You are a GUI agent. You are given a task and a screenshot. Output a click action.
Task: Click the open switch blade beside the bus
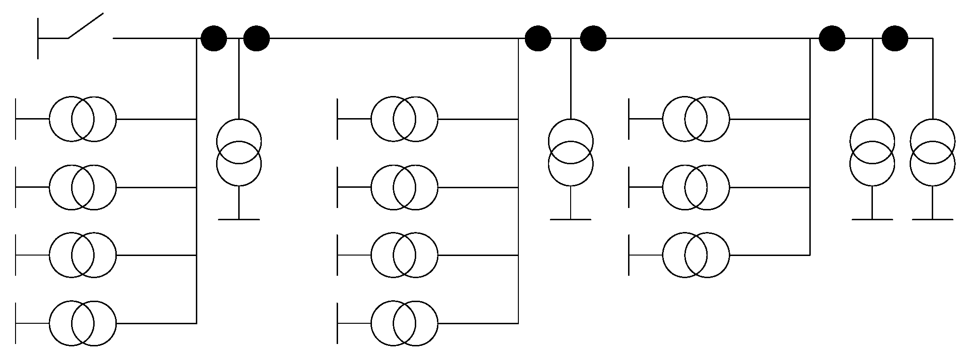[x=86, y=26]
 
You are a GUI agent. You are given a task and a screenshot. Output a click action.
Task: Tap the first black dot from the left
[x=214, y=38]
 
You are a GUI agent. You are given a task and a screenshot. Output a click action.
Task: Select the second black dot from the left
[x=257, y=38]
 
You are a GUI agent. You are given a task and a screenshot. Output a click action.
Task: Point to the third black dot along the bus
[x=538, y=38]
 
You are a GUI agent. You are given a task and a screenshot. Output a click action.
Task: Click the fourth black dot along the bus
[x=593, y=38]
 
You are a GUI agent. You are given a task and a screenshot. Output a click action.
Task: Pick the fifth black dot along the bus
[x=832, y=38]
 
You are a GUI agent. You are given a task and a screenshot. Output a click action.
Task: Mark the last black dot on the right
[x=895, y=38]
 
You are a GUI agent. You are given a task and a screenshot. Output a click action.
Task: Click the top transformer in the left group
[x=83, y=119]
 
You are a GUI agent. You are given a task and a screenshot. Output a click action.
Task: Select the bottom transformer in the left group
[x=83, y=323]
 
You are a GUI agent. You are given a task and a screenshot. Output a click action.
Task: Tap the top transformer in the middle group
[x=404, y=119]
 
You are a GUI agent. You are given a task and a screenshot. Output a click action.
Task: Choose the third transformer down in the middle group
[x=404, y=255]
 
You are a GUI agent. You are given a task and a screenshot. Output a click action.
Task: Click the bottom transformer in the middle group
[x=404, y=323]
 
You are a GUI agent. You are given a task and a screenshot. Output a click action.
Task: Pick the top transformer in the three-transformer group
[x=696, y=119]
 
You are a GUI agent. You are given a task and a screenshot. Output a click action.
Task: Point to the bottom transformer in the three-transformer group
[x=696, y=255]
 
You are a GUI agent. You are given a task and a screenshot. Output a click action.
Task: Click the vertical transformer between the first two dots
[x=239, y=152]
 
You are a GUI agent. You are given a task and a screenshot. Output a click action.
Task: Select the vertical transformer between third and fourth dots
[x=571, y=152]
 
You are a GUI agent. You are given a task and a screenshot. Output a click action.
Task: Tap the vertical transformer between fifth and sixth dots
[x=872, y=152]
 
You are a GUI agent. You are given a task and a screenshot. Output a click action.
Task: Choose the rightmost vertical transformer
[x=933, y=152]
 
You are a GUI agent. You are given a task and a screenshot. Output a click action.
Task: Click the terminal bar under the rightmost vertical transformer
[x=933, y=219]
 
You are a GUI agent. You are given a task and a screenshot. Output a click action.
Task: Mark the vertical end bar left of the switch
[x=38, y=38]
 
